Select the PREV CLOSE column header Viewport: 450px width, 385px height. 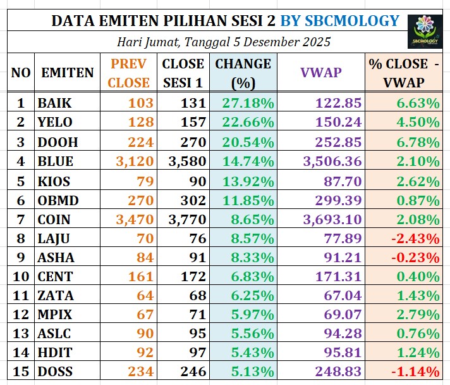click(128, 73)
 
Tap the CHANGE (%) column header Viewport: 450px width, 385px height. click(243, 73)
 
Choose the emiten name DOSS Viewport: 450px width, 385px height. click(55, 372)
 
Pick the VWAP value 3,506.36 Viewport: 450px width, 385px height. click(332, 161)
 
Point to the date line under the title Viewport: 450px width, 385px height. click(224, 42)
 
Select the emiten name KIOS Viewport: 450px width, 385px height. click(54, 180)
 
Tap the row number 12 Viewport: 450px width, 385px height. click(20, 314)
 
